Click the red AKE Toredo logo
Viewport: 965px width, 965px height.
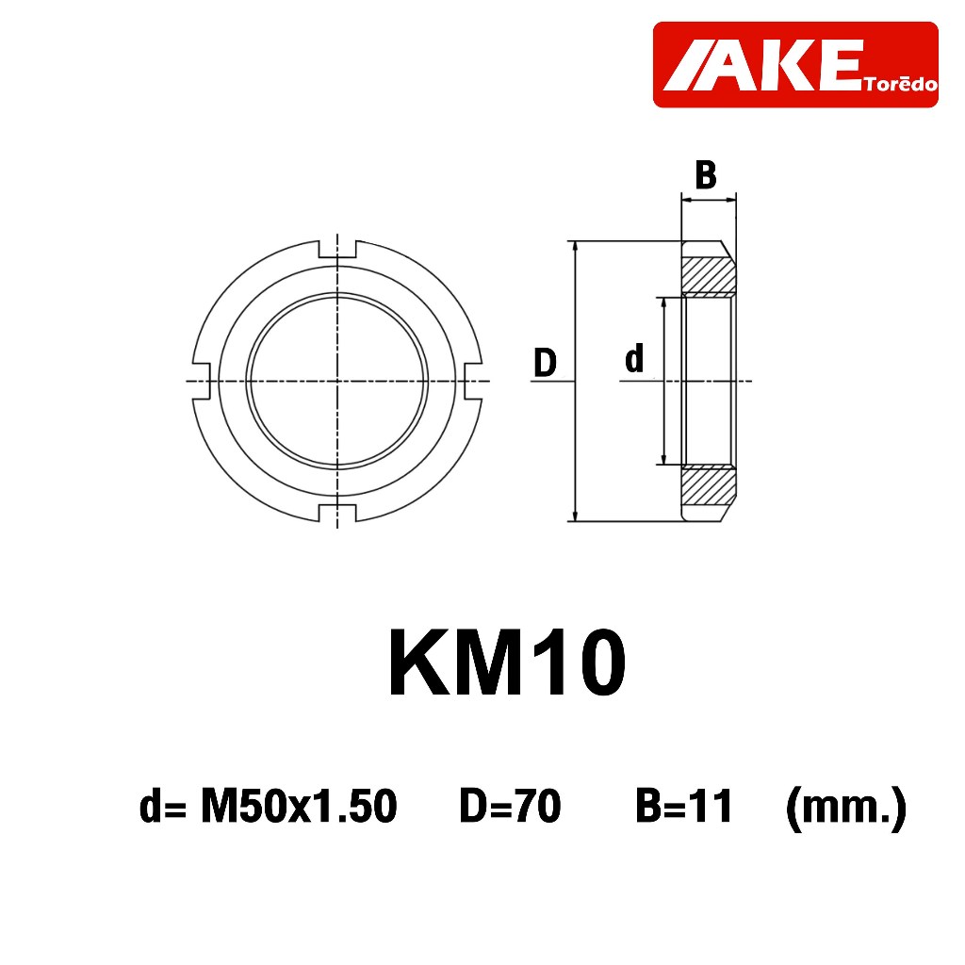coord(795,65)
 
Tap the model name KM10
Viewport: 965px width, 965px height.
coord(507,662)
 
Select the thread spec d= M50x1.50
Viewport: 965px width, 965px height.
coord(269,806)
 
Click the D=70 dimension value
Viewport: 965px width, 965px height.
coord(510,806)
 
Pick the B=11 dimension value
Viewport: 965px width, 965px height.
coord(684,806)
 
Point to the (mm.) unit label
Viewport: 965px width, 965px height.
coord(846,808)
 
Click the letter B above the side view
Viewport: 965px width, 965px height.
coord(706,174)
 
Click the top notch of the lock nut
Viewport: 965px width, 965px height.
coord(337,249)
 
